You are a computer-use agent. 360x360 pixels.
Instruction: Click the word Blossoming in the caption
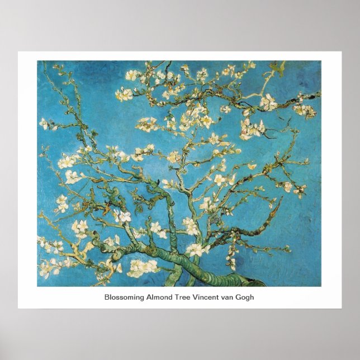click(x=122, y=297)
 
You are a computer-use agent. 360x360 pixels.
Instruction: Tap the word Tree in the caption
click(x=179, y=297)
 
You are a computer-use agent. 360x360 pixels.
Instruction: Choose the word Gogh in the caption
click(x=245, y=297)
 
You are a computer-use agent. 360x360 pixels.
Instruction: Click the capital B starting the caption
click(x=107, y=297)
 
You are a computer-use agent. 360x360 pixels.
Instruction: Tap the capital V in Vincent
click(x=195, y=297)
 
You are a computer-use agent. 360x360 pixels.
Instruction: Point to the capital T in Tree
click(x=173, y=297)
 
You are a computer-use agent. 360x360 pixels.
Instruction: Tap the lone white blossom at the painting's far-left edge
click(x=44, y=123)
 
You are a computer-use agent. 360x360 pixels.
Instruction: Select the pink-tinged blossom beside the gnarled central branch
click(x=122, y=216)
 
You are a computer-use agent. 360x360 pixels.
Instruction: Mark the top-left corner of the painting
click(x=37, y=61)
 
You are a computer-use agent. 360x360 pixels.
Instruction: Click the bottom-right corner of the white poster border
click(x=341, y=308)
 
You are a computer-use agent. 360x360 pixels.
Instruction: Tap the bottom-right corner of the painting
click(x=321, y=286)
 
